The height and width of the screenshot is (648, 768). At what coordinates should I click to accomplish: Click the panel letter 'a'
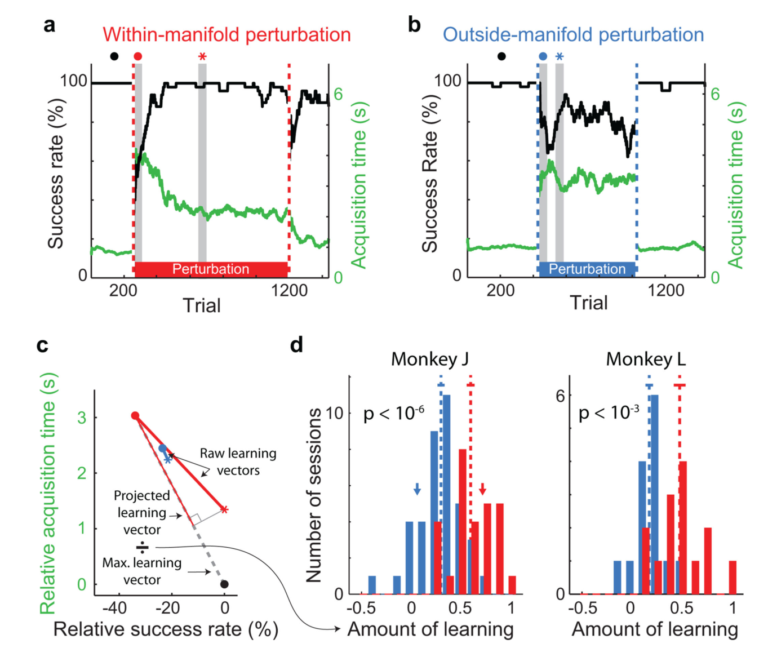tap(49, 26)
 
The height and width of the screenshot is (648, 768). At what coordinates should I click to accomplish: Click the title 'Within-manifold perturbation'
tap(227, 34)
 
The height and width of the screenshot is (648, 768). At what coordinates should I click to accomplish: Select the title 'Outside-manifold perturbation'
tap(573, 34)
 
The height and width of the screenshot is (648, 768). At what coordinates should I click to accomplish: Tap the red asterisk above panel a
tap(202, 56)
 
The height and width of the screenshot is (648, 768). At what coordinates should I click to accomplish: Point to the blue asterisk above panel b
tap(560, 56)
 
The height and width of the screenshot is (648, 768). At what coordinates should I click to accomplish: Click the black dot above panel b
tap(501, 56)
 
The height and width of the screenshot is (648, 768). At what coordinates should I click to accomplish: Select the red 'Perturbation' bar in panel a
tap(211, 269)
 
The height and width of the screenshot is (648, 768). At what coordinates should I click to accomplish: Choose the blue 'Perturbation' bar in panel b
tap(587, 269)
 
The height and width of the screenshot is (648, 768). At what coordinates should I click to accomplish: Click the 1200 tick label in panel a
tap(289, 291)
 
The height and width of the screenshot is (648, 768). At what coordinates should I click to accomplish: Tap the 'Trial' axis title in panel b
tap(588, 303)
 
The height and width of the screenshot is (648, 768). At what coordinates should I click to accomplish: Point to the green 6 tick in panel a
tap(338, 94)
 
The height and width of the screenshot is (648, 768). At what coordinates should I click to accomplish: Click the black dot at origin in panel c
tap(224, 584)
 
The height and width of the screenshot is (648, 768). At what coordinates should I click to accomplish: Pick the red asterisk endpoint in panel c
tap(224, 509)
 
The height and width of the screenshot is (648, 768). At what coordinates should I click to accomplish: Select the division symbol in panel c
tap(143, 548)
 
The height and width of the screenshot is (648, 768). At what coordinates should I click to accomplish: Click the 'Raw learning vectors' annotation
tap(238, 461)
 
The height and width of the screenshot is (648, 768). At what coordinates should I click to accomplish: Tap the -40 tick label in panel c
tap(115, 608)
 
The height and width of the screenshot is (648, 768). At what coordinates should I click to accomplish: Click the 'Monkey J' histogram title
tap(429, 359)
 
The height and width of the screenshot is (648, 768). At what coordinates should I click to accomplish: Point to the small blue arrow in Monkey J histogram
tap(417, 489)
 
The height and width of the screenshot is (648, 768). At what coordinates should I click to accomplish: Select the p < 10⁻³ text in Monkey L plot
tap(609, 413)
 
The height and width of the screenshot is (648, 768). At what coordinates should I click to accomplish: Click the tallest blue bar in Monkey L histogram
tap(655, 494)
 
